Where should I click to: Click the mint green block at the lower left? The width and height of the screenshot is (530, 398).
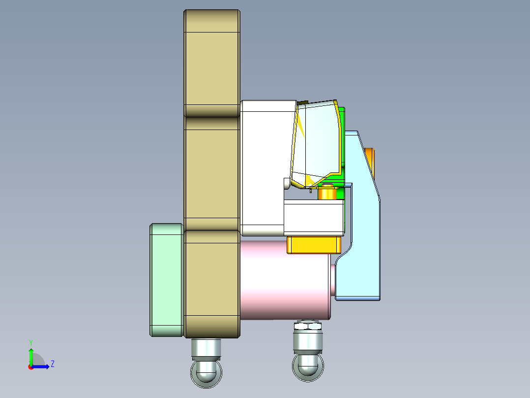coord(166,280)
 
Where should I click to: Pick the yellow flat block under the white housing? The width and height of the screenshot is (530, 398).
coord(314,245)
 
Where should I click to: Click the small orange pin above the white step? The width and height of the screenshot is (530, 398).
coord(326,193)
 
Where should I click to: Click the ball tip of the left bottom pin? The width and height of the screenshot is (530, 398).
coord(206,373)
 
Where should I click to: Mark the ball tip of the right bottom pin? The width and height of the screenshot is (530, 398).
coord(308,366)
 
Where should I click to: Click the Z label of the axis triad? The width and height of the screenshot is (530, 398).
coord(52,364)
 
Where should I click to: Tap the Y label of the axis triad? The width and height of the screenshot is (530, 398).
coord(30,342)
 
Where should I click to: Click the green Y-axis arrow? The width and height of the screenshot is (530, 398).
coord(30,356)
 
